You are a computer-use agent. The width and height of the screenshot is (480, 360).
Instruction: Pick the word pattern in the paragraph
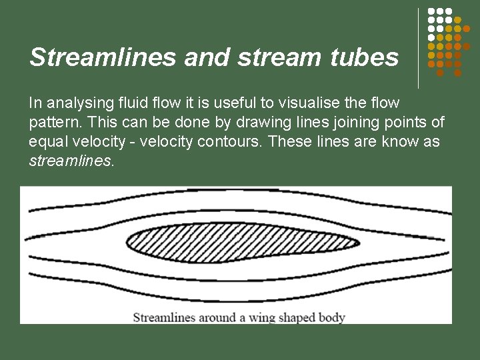coord(53,123)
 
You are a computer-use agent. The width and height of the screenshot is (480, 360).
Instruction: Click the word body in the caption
coord(331,317)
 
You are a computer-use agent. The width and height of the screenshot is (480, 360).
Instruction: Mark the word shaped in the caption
coord(297,317)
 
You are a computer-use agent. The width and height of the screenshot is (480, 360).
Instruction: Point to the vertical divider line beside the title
coord(419,48)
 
